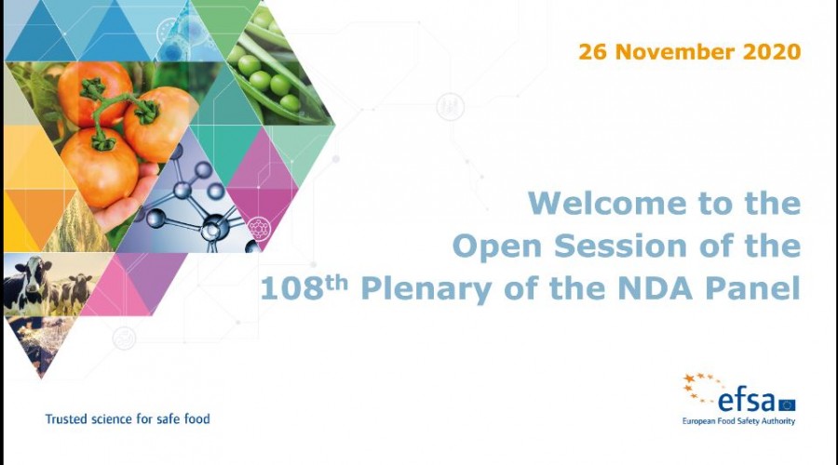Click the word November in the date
pos(673,52)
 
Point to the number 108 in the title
pos(291,288)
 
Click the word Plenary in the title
pos(426,290)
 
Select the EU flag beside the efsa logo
pos(787,405)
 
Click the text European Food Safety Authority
pos(738,421)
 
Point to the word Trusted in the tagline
pos(66,419)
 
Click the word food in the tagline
pos(197,419)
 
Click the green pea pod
pos(272,70)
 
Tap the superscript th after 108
pos(337,283)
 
